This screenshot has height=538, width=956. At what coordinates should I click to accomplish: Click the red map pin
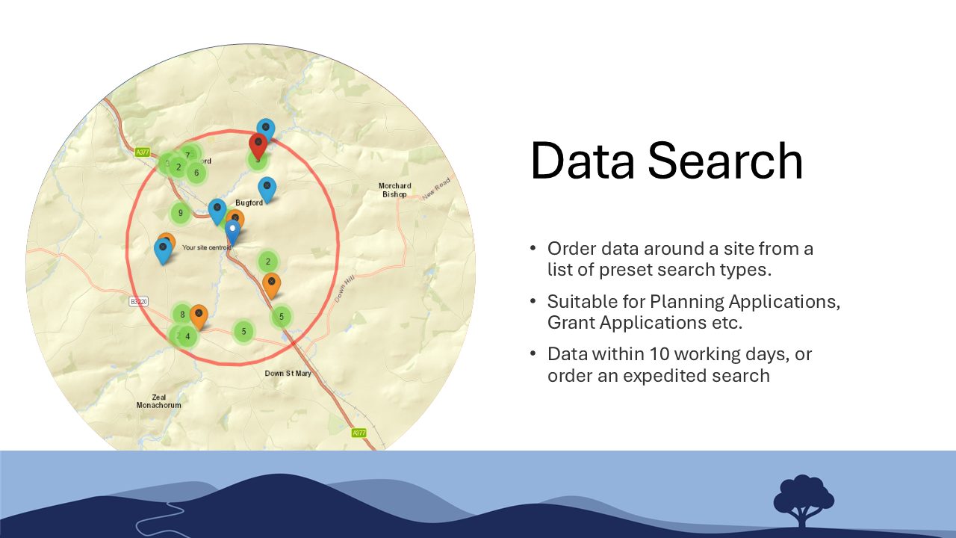(258, 144)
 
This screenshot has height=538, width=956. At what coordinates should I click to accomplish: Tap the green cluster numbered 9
(180, 213)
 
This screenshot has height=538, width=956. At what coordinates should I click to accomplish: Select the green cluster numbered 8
(181, 315)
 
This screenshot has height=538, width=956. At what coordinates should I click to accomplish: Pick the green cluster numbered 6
(196, 173)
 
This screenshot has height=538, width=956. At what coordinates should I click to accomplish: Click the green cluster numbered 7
(188, 155)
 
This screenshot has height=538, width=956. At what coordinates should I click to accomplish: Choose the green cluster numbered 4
(187, 336)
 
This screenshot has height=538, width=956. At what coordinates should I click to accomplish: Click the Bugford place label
(249, 202)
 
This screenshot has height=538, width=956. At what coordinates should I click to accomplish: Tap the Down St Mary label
(288, 373)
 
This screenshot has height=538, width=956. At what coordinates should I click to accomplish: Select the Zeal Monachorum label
(158, 401)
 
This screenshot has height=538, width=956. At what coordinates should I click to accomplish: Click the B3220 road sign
(139, 301)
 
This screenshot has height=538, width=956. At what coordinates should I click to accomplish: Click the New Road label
(437, 188)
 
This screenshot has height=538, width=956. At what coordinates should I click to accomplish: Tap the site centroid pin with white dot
(233, 231)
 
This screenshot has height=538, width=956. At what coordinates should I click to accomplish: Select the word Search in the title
(724, 161)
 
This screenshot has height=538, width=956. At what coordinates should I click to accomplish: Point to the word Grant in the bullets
(571, 323)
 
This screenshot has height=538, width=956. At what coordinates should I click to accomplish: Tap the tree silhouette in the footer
(803, 498)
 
